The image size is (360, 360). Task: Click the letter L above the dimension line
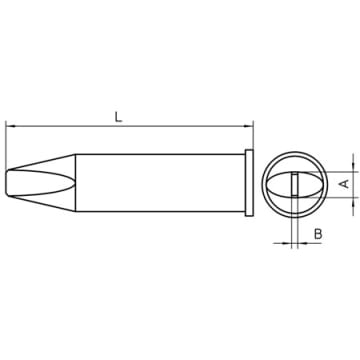(x=118, y=117)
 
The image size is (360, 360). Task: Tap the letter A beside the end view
(x=345, y=183)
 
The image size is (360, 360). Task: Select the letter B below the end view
(x=318, y=234)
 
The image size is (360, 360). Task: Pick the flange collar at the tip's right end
(x=249, y=183)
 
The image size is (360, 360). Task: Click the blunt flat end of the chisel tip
(x=7, y=182)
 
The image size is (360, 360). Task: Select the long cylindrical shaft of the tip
(x=160, y=183)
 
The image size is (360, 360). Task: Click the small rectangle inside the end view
(x=294, y=184)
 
